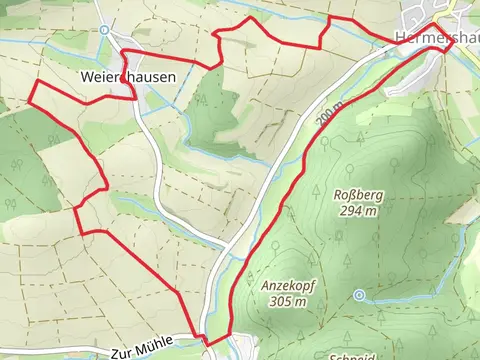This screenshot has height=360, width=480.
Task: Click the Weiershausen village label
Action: point(126,77)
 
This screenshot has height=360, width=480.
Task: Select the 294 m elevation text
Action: point(357,211)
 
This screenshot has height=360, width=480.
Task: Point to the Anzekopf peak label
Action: point(287,285)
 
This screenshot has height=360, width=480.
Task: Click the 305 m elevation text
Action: point(287,300)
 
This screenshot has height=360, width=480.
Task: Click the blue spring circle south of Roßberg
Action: point(359,295)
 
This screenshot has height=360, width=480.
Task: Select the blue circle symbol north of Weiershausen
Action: point(105,31)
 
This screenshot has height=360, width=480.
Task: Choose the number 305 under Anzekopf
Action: point(280,300)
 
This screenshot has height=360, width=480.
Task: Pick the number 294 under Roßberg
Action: point(350,211)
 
